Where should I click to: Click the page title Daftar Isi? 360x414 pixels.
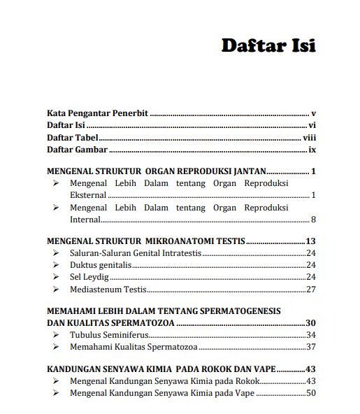click(x=268, y=46)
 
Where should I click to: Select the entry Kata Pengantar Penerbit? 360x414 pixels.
click(x=98, y=113)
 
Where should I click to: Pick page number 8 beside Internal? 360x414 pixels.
click(x=314, y=220)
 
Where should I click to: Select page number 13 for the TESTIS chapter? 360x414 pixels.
click(x=312, y=241)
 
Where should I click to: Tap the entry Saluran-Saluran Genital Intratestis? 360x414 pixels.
click(x=135, y=253)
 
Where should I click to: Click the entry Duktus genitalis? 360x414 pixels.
click(x=101, y=265)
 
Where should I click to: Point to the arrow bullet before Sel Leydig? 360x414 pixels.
click(x=55, y=277)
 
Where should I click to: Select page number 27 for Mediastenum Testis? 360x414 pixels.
click(x=312, y=289)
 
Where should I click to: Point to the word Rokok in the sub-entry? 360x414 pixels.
click(x=246, y=381)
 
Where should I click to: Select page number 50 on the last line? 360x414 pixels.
click(x=312, y=393)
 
